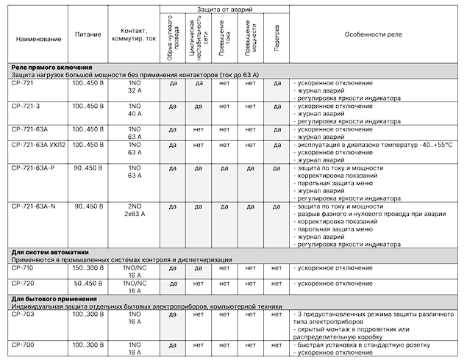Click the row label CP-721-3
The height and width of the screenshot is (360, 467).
click(x=27, y=107)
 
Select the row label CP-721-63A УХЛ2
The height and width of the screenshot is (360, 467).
click(x=39, y=145)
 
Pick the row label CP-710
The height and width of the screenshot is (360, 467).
click(x=24, y=268)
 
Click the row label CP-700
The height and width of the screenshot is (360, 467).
click(x=24, y=345)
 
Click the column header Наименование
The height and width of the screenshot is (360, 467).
click(x=36, y=36)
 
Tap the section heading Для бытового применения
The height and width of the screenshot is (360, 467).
click(x=54, y=298)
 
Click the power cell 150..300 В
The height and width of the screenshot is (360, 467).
click(x=88, y=268)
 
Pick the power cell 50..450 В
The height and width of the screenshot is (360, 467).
click(x=88, y=283)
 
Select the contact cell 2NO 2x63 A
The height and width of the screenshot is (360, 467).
click(x=134, y=211)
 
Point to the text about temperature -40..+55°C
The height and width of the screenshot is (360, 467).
click(x=375, y=145)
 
